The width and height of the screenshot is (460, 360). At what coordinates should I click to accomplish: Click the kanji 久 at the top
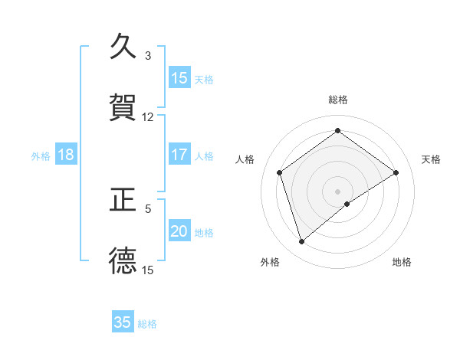click(x=123, y=48)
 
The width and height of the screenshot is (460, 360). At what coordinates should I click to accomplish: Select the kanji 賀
click(x=123, y=108)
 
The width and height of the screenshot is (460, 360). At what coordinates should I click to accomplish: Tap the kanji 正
click(x=123, y=201)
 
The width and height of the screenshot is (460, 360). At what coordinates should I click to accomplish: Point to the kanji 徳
click(x=123, y=260)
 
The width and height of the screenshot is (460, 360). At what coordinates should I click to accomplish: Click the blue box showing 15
click(x=179, y=78)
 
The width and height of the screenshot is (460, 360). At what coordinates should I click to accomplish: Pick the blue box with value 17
click(x=179, y=155)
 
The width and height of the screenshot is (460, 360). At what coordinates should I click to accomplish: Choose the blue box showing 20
click(x=179, y=231)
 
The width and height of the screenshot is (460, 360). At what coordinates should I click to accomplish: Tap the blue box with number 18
click(x=66, y=155)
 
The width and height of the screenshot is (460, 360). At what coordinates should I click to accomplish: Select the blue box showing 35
click(x=123, y=322)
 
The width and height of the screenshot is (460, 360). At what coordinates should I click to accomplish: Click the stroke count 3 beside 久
click(x=148, y=56)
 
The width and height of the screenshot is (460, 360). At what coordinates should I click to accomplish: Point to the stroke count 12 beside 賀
click(x=148, y=116)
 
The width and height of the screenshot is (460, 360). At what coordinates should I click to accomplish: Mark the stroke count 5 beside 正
click(x=148, y=208)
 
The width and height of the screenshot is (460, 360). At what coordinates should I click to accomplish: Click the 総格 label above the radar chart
click(x=338, y=100)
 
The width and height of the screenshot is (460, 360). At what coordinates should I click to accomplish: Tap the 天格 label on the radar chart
click(x=431, y=159)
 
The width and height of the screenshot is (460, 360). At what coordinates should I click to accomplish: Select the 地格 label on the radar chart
click(x=402, y=262)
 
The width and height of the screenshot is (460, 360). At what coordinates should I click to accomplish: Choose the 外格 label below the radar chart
click(x=270, y=262)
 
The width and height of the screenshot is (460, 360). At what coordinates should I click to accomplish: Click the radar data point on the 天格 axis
click(x=396, y=172)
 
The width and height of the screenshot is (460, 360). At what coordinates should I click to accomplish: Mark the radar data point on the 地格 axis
click(x=347, y=203)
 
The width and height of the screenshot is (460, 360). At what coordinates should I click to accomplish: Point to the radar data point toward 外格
click(x=301, y=241)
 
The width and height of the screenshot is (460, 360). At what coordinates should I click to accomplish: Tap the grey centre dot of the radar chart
click(x=338, y=191)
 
